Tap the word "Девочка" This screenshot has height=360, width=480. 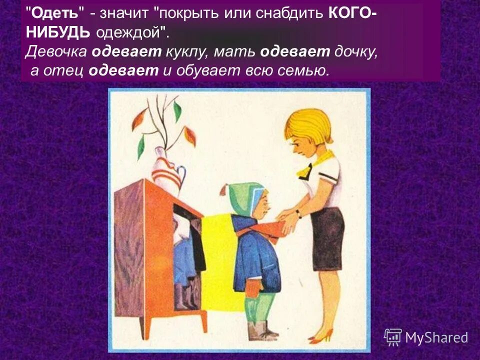58,51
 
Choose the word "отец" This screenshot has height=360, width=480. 64,70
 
